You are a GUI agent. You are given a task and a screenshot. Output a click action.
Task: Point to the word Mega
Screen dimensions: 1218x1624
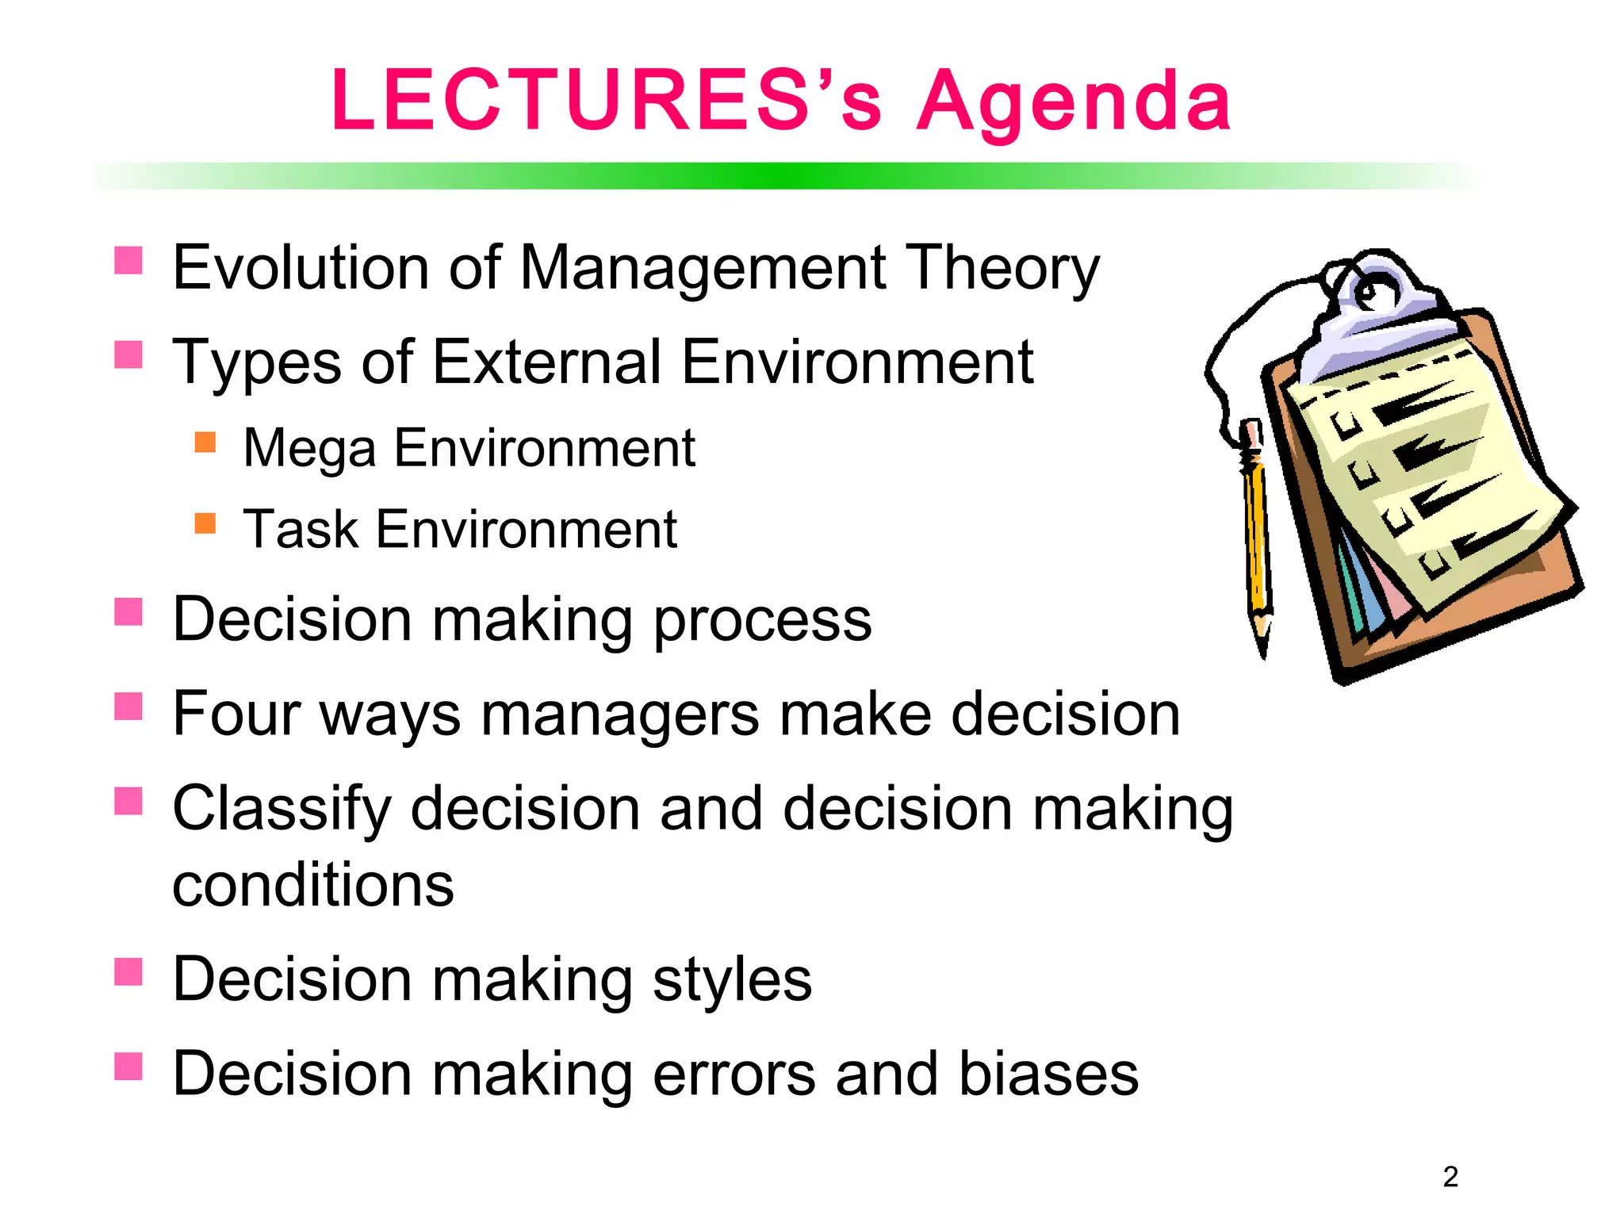tap(309, 449)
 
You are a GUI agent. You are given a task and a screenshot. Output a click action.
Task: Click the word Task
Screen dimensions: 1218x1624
tap(301, 529)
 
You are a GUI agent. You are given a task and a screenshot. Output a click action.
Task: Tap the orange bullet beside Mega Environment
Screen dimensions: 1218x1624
tap(205, 442)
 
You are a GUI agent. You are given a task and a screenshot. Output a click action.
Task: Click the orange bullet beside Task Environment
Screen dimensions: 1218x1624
tap(205, 523)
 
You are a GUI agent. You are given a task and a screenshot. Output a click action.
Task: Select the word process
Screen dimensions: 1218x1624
tap(762, 621)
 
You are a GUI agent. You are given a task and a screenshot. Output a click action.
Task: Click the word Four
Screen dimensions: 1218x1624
tap(236, 714)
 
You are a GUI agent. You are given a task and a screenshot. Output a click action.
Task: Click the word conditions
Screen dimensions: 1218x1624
tap(313, 885)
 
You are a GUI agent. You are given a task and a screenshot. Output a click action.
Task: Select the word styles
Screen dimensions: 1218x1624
tap(732, 981)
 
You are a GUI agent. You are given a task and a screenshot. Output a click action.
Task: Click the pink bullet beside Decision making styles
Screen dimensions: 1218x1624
tap(128, 971)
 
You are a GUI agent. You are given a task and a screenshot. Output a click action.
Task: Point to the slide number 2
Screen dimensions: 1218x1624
tap(1450, 1177)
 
